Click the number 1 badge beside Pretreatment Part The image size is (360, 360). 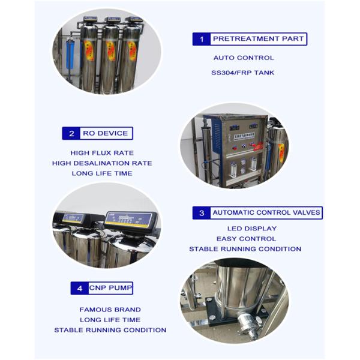click(x=202, y=39)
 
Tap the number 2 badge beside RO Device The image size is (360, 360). click(x=71, y=133)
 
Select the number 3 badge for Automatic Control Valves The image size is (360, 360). click(x=202, y=213)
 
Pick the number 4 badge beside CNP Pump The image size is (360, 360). click(x=79, y=288)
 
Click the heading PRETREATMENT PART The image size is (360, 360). click(x=258, y=38)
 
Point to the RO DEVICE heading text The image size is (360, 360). click(x=106, y=133)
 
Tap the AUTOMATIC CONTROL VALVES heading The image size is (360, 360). click(x=266, y=212)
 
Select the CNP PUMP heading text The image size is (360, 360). click(x=110, y=287)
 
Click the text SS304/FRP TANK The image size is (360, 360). click(x=242, y=73)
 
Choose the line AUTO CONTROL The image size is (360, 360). click(x=244, y=58)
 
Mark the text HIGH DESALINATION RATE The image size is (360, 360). click(x=102, y=163)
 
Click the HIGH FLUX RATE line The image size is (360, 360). click(x=102, y=152)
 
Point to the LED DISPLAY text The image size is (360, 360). click(x=252, y=229)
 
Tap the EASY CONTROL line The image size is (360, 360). click(x=246, y=239)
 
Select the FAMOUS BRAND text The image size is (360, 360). click(x=110, y=310)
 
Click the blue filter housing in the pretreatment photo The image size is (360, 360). click(x=70, y=55)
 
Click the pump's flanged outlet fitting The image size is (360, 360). click(x=247, y=325)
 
